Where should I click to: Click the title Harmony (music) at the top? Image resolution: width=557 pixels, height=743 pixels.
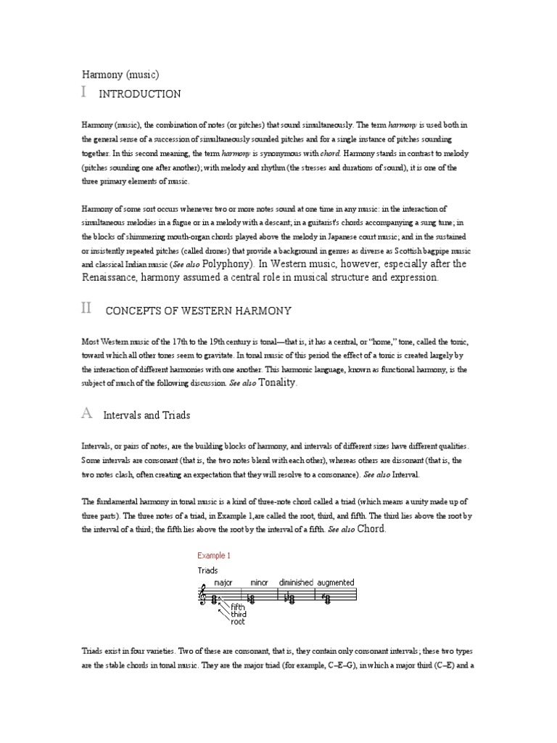click(x=120, y=74)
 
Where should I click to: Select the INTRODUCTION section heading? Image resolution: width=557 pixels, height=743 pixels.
click(x=139, y=94)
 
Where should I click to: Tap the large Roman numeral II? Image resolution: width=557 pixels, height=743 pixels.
click(x=86, y=308)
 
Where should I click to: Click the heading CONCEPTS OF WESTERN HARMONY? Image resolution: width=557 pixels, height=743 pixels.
click(x=198, y=311)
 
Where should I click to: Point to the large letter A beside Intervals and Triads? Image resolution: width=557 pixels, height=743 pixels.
click(x=86, y=414)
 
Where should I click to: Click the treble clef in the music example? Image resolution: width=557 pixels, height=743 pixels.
click(x=203, y=597)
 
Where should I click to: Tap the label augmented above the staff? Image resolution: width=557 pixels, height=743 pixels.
click(x=335, y=582)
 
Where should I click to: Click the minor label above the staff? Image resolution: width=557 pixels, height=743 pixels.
click(x=259, y=582)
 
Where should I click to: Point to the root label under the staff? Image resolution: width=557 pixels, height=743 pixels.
click(x=238, y=622)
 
